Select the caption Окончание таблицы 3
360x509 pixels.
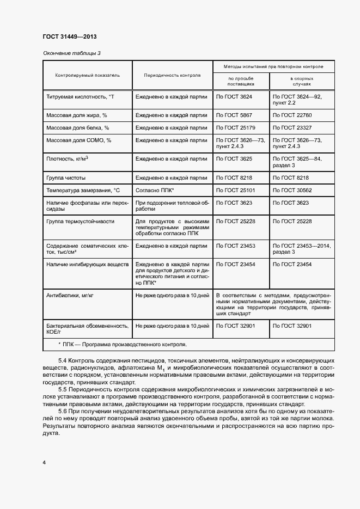[71, 53]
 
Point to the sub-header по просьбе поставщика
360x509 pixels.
[240, 82]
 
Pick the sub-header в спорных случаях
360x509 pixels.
[301, 82]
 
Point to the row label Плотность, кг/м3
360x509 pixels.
[68, 159]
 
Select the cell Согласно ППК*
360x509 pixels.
[155, 190]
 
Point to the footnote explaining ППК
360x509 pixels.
[122, 344]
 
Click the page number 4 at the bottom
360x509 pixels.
[44, 462]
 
